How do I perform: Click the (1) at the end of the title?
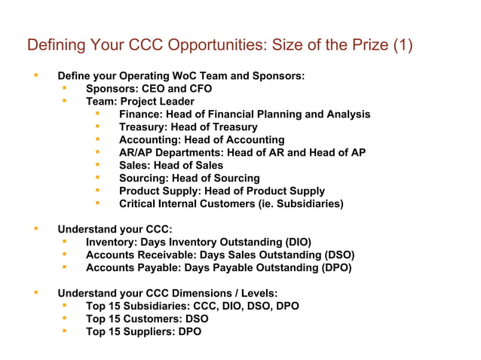pyautogui.click(x=403, y=44)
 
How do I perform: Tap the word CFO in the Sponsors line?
pyautogui.click(x=200, y=89)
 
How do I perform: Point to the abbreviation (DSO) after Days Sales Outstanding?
pyautogui.click(x=335, y=255)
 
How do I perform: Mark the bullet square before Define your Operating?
pyautogui.click(x=34, y=75)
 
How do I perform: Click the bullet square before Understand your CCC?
pyautogui.click(x=34, y=228)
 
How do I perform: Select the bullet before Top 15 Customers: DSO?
pyautogui.click(x=66, y=318)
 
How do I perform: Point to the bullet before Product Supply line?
pyautogui.click(x=98, y=191)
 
